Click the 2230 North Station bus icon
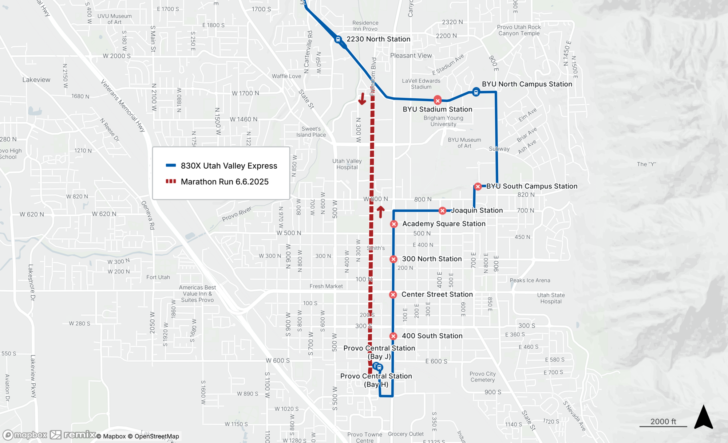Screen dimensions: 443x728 point(338,39)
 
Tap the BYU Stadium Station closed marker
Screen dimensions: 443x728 point(438,100)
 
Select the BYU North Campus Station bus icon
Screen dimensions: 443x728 point(476,92)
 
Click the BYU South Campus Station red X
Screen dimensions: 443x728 point(478,187)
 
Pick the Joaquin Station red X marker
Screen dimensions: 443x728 point(442,211)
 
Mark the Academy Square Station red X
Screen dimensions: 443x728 point(394,224)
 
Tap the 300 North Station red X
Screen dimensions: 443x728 point(393,259)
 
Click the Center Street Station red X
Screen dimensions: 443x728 point(393,295)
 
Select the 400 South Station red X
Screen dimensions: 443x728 point(393,336)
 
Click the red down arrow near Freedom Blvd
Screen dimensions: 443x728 point(362,99)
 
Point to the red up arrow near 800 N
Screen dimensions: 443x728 point(380,212)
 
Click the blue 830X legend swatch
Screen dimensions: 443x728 point(171,165)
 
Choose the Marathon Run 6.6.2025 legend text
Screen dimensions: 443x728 point(225,181)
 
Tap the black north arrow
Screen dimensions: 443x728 point(703,417)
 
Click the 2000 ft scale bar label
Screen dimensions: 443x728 point(663,421)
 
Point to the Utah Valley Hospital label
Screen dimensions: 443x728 point(347,164)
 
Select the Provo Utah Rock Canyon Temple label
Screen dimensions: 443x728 point(519,30)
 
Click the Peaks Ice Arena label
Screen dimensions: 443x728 point(530,280)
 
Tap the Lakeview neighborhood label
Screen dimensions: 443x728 point(36,80)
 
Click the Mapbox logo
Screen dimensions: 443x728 point(25,435)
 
